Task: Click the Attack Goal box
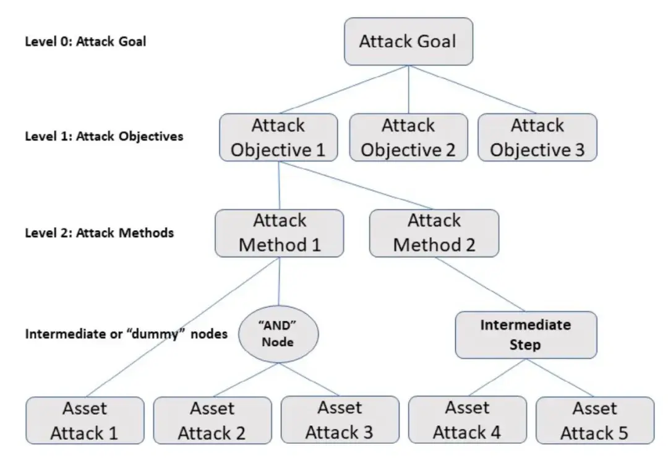coord(409,41)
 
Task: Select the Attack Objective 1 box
coord(278,137)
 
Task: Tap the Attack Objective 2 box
coord(409,137)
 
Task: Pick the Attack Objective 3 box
coord(537,137)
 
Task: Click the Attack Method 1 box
coord(280,233)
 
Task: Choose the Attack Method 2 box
coord(434,233)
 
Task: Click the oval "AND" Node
coord(278,334)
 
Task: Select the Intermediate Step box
coord(526,335)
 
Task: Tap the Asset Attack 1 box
coord(85,420)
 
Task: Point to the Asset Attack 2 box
coord(212,420)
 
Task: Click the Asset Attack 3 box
coord(340,420)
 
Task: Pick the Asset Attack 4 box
coord(468,420)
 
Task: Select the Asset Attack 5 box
coord(595,420)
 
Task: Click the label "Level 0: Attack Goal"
coord(85,41)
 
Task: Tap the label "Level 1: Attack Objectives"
coord(104,136)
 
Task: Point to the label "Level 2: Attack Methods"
coord(99,233)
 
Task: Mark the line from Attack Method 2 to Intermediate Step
coord(480,284)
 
